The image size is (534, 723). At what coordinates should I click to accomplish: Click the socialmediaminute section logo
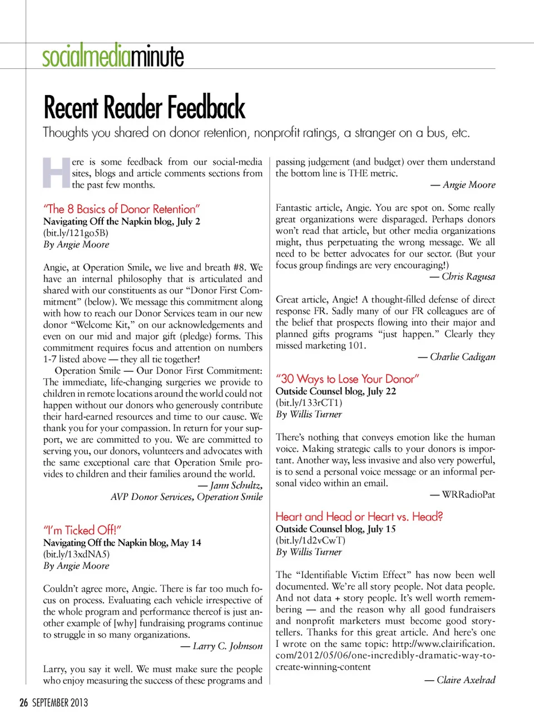(113, 56)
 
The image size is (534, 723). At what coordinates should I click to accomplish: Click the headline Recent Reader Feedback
(144, 107)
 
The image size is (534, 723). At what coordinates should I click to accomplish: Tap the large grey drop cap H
(56, 173)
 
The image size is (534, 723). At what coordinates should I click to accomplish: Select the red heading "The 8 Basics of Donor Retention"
(121, 209)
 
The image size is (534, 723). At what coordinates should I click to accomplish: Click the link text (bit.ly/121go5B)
(76, 233)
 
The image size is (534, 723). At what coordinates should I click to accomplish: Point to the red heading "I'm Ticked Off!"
(82, 530)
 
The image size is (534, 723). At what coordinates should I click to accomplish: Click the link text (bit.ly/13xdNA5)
(76, 554)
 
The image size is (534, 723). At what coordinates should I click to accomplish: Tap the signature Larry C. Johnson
(228, 646)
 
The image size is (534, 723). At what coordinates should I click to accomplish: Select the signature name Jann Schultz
(236, 486)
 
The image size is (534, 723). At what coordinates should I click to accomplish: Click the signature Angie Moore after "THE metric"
(469, 185)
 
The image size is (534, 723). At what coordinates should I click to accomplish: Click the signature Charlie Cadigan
(462, 357)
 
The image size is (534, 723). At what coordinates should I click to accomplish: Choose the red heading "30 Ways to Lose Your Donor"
(347, 379)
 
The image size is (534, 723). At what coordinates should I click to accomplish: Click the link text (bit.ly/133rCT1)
(309, 403)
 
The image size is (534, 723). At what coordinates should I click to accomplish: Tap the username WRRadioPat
(468, 494)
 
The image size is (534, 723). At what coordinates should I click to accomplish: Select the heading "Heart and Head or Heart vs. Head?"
(359, 517)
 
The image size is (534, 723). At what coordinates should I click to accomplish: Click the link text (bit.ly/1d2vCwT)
(310, 540)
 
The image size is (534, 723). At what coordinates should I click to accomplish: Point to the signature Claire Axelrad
(466, 680)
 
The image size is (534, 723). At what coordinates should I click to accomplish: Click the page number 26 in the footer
(23, 702)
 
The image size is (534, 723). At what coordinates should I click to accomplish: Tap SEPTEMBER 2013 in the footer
(60, 702)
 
